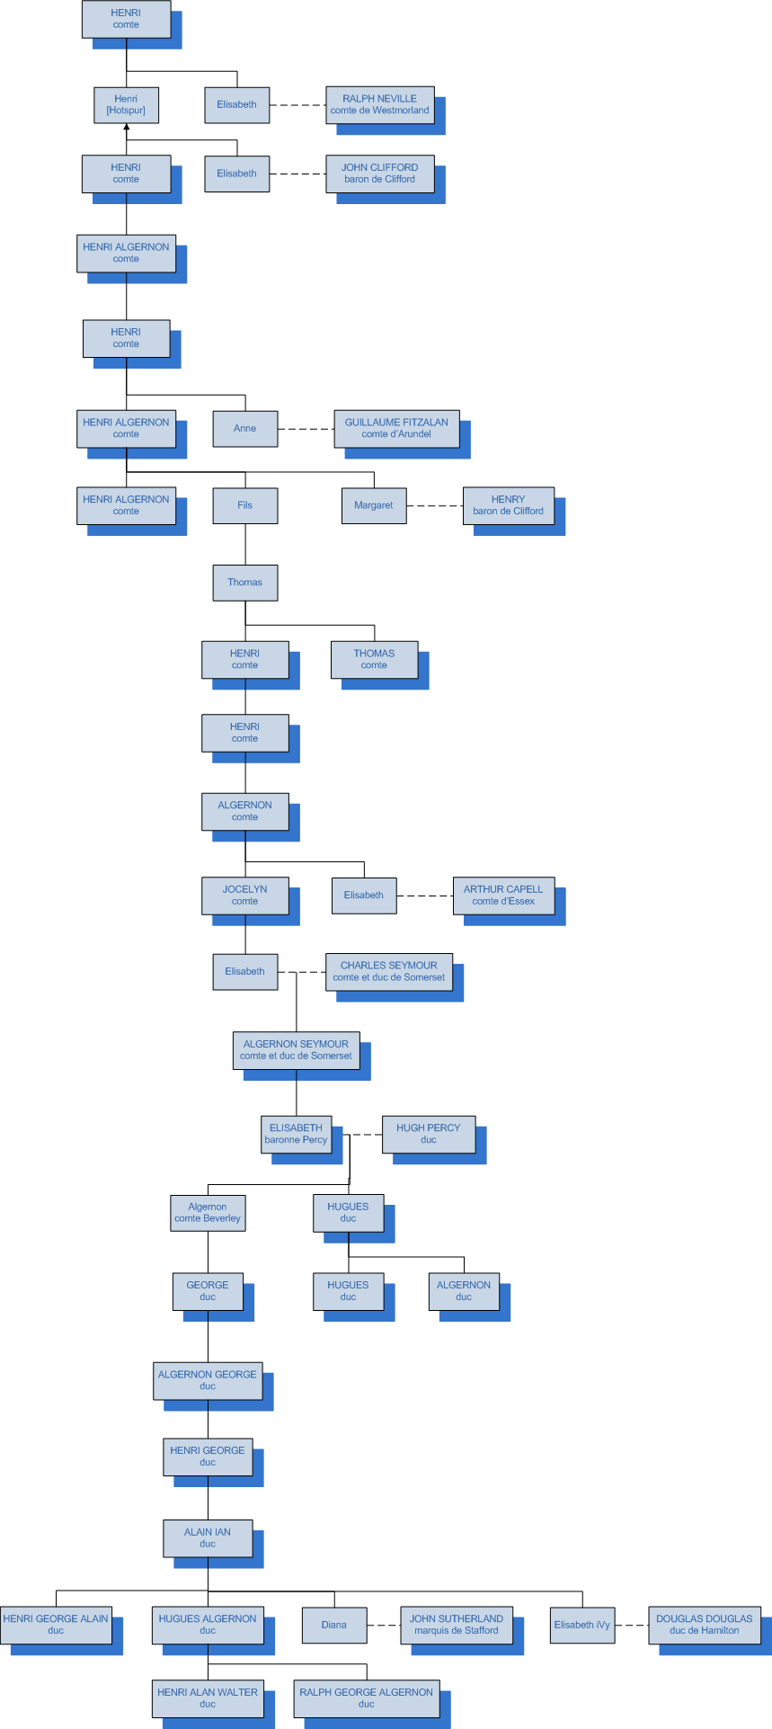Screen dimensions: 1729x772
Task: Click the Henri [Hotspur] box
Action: click(126, 105)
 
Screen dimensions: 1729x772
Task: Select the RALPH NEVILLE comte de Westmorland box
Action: click(379, 104)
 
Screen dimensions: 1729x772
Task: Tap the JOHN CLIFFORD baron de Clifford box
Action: click(379, 174)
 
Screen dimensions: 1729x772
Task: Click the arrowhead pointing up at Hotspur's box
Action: click(127, 128)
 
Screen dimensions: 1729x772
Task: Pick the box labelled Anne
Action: click(244, 429)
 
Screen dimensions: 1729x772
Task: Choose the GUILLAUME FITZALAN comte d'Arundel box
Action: click(396, 429)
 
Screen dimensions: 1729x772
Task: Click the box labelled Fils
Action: click(244, 505)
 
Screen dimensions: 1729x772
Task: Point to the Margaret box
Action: click(374, 505)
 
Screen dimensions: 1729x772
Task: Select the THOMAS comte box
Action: click(374, 659)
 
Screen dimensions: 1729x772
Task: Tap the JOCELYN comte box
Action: click(244, 896)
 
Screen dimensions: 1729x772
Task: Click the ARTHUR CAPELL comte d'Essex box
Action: click(503, 896)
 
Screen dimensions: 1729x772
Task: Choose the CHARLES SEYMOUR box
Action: click(388, 972)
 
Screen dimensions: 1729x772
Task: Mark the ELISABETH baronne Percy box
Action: click(296, 1134)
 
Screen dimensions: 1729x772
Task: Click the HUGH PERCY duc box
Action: click(428, 1134)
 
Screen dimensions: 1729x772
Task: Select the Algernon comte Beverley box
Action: click(208, 1213)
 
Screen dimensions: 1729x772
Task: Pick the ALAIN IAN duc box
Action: click(208, 1537)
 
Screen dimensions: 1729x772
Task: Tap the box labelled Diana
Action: click(334, 1625)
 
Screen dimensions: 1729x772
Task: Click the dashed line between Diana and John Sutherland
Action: click(384, 1625)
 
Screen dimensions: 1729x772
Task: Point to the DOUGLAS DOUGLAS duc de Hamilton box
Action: click(704, 1625)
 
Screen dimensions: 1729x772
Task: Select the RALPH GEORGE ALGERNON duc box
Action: click(366, 1698)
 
